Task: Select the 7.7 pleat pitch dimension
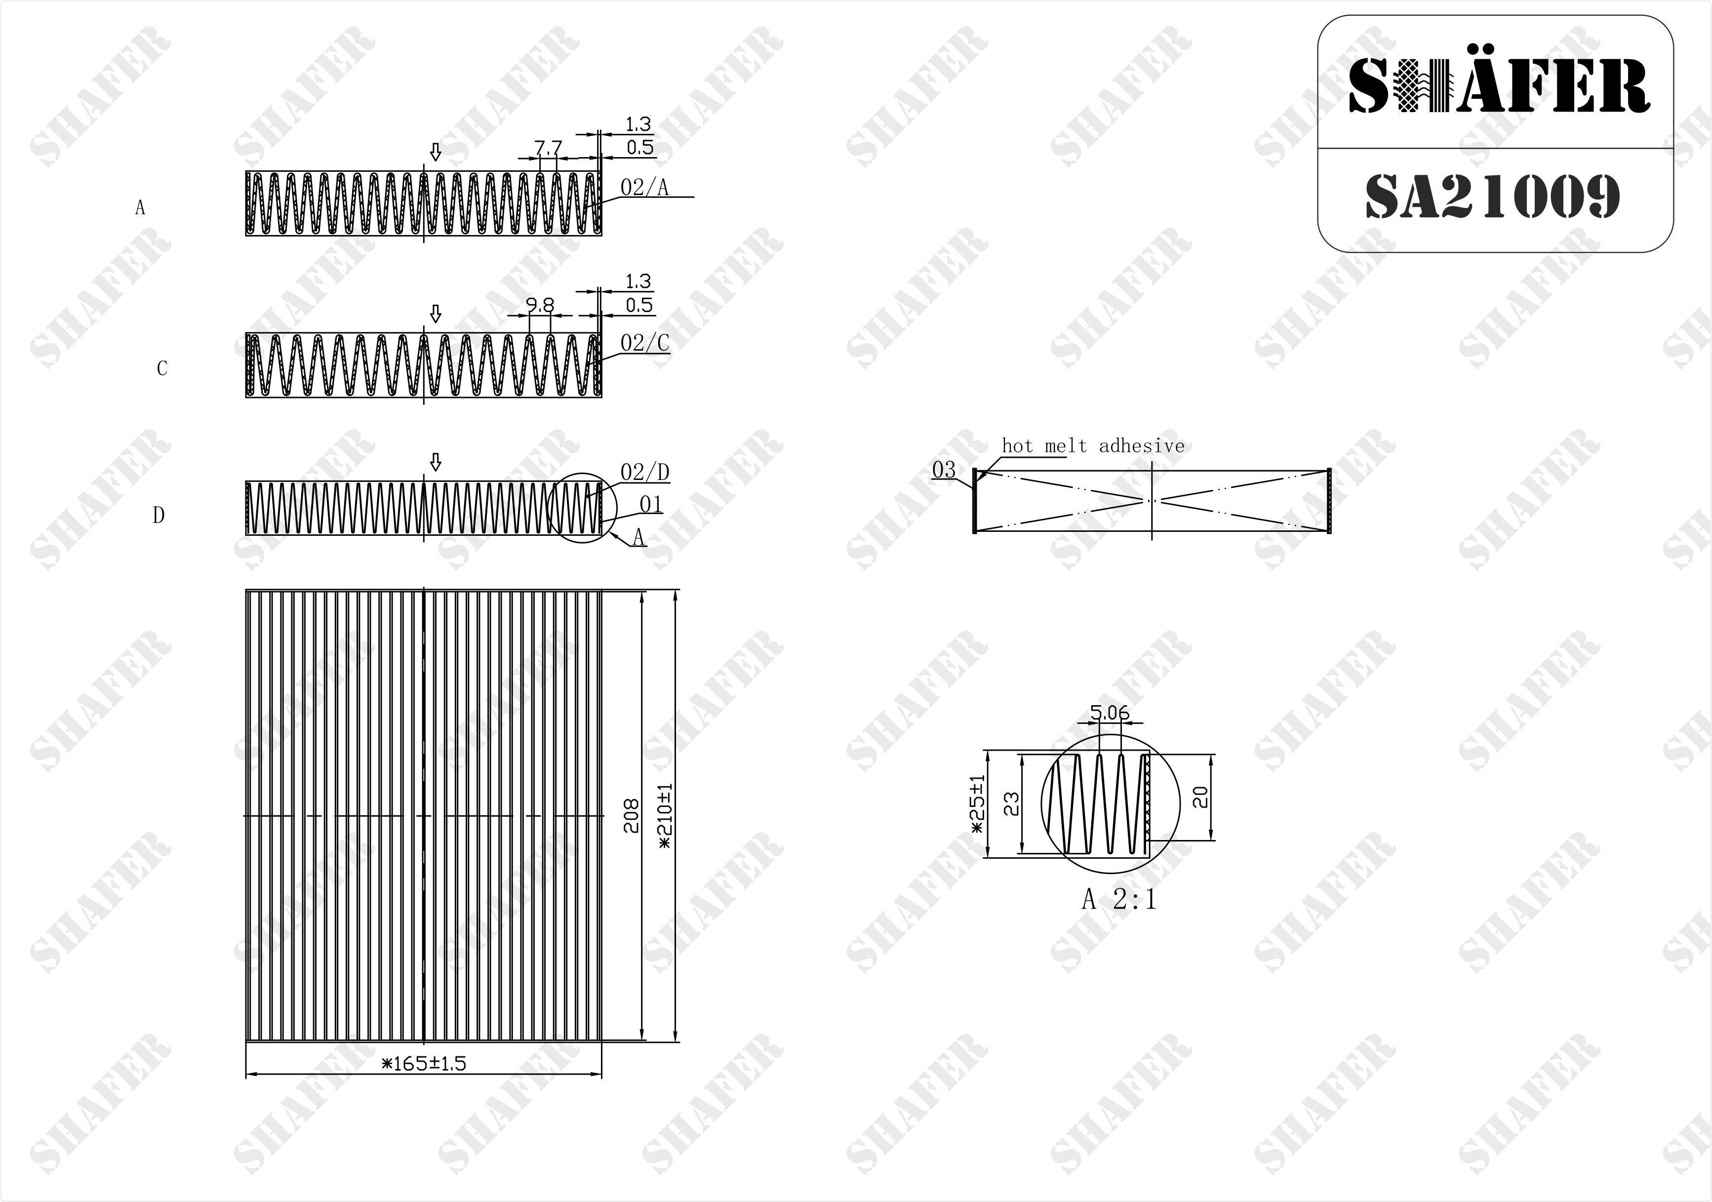[548, 148]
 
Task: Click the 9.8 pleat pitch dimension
[540, 305]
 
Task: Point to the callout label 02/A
[645, 187]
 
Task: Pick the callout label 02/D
[645, 472]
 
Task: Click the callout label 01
[651, 505]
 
